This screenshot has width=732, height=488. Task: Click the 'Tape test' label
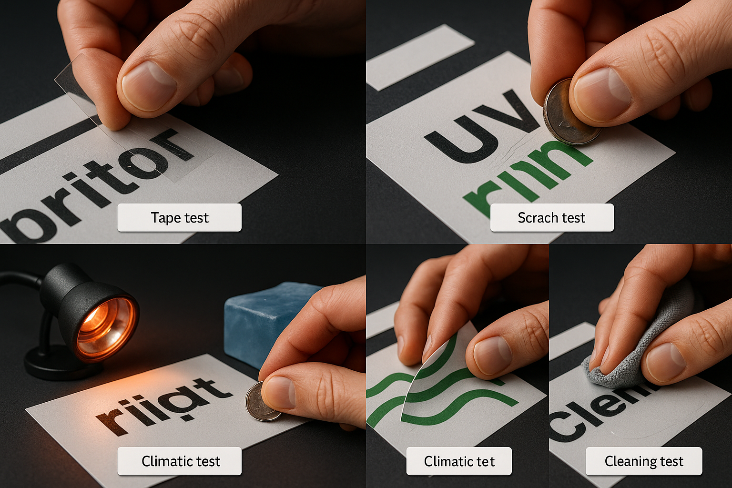tap(180, 218)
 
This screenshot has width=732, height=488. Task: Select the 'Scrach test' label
tap(552, 218)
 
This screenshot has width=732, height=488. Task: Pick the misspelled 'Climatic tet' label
tap(459, 461)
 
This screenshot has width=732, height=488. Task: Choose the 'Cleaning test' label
tap(644, 461)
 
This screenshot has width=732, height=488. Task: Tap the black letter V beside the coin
tap(515, 112)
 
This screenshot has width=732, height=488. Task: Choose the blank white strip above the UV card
tap(419, 57)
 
